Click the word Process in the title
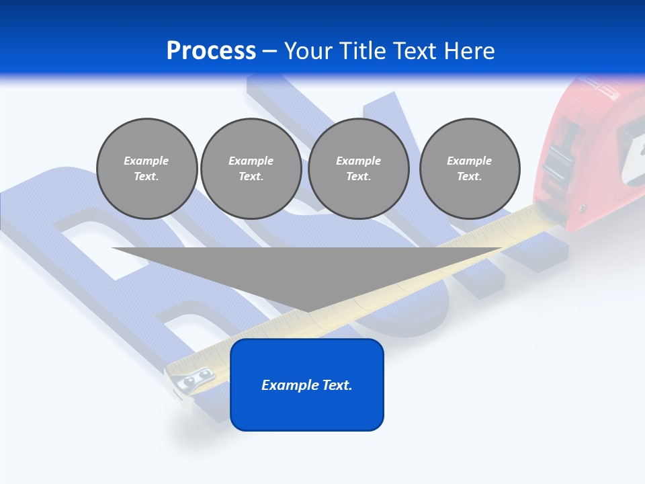211,51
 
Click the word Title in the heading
363,51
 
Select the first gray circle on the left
146,169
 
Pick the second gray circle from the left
251,169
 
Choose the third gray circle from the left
358,169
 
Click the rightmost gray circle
469,169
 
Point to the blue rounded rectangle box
306,385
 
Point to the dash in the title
270,51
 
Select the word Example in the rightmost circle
469,161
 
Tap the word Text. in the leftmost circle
146,177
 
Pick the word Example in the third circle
358,161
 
